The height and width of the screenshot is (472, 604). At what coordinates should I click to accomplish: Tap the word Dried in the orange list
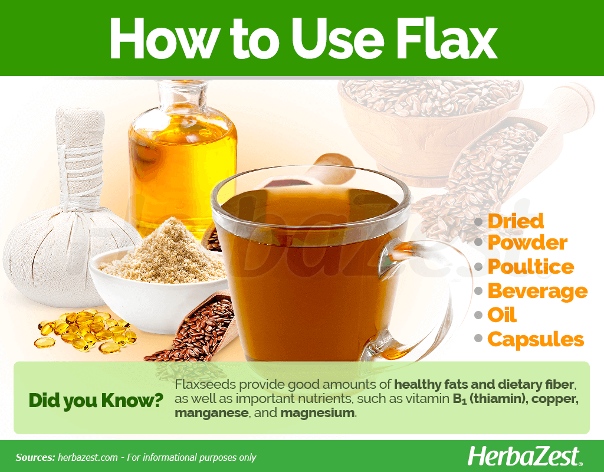(516, 221)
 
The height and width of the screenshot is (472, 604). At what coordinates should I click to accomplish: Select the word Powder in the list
(527, 243)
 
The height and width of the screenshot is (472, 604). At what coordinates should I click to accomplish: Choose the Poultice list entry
(531, 267)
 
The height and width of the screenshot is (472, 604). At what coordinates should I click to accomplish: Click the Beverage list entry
(538, 291)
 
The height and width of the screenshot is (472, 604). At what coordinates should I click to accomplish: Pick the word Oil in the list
(502, 315)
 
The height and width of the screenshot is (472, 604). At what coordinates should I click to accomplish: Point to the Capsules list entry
(536, 340)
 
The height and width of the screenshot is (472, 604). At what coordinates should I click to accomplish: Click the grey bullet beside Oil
(478, 315)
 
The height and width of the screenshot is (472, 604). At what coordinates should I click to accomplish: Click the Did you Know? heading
(96, 401)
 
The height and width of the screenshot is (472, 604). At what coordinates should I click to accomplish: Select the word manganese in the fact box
(211, 413)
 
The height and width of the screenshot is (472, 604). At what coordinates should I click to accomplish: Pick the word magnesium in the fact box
(317, 413)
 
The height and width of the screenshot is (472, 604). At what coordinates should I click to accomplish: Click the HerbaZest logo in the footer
(524, 457)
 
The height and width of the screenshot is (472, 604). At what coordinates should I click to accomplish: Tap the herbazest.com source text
(88, 458)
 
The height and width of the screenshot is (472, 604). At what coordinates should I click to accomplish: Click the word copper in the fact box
(554, 399)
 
